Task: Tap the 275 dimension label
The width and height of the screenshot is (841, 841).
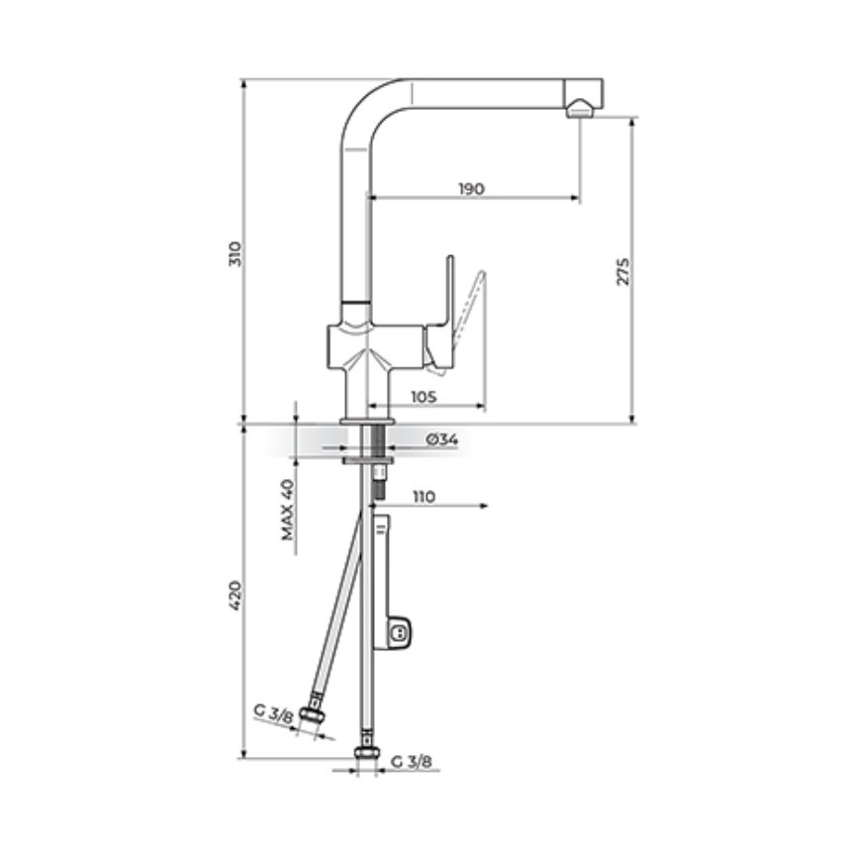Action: click(x=622, y=271)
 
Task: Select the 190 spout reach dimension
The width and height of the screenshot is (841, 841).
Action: click(x=471, y=189)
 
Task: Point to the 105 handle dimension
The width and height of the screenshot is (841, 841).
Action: click(x=423, y=397)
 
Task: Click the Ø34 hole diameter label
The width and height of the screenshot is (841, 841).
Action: click(x=442, y=440)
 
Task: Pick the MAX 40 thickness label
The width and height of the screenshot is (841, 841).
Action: click(x=288, y=510)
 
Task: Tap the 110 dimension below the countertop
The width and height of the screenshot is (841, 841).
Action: click(x=423, y=497)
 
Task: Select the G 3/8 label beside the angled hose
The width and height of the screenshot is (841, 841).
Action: click(x=273, y=714)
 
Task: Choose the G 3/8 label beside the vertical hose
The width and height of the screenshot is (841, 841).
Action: click(x=412, y=762)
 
